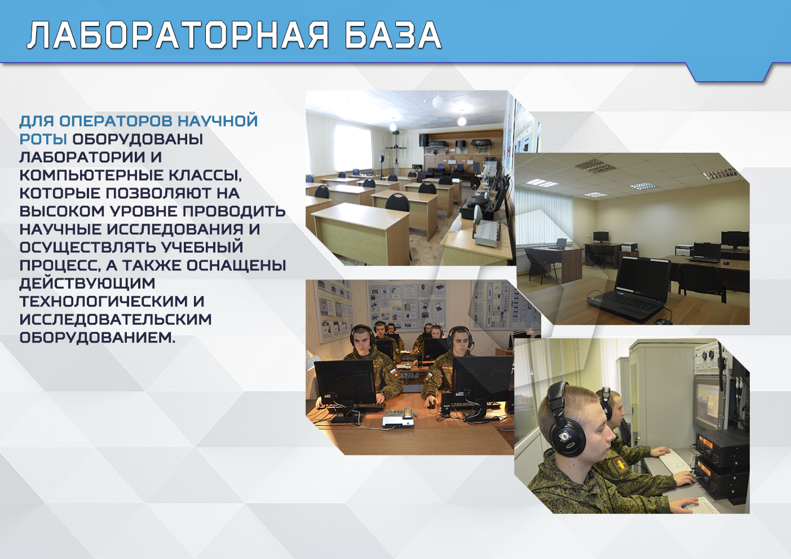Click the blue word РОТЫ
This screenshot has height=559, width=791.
tap(43, 139)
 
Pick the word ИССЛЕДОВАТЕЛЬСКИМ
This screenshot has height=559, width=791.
tap(116, 320)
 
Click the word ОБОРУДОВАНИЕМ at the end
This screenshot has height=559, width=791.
tap(97, 338)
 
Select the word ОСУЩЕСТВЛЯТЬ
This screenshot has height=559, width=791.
tap(88, 247)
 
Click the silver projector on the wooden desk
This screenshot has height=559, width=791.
tap(399, 419)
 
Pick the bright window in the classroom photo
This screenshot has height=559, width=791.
tap(353, 148)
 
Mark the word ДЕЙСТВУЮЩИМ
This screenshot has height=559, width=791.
tap(87, 283)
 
